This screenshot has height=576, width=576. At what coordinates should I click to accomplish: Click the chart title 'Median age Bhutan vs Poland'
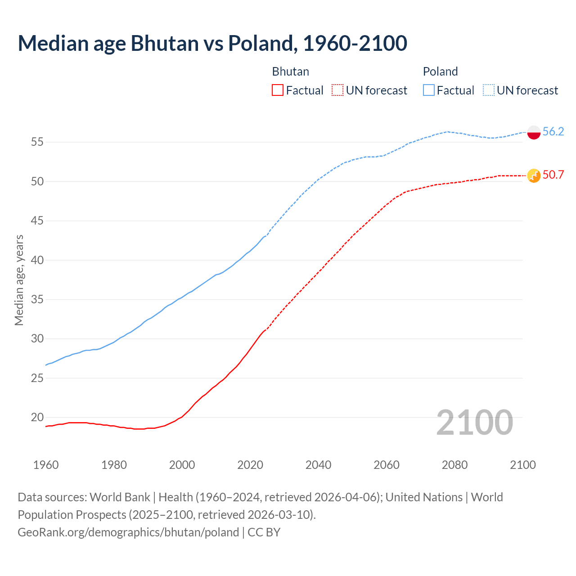212,43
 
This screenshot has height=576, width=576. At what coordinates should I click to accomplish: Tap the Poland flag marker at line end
534,132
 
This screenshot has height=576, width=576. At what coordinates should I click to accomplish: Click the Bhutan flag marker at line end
534,175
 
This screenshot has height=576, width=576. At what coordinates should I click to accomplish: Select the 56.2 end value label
553,131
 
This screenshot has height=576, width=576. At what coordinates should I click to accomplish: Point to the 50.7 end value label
553,175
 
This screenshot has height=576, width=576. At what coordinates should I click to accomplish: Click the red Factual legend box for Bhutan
278,90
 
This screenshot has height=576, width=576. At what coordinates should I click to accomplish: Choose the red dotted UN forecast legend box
337,90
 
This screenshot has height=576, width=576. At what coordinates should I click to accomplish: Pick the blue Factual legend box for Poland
429,90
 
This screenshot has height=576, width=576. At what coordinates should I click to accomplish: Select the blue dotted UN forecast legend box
489,90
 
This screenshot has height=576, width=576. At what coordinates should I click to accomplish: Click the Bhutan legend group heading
291,72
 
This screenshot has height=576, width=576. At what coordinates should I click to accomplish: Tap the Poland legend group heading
440,72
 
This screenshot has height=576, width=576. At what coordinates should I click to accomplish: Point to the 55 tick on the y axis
37,142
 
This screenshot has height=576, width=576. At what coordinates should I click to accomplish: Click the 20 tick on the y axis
37,418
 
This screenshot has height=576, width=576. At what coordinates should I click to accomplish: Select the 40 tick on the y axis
37,260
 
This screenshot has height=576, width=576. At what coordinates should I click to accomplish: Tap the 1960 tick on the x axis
46,465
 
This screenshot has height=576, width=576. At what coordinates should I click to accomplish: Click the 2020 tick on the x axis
250,465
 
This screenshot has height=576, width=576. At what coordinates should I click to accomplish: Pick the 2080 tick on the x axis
454,465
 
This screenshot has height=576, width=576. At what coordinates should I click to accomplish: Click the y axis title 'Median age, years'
19,280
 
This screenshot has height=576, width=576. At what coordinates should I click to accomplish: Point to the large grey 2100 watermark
475,422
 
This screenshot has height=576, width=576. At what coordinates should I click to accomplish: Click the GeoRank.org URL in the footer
128,532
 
